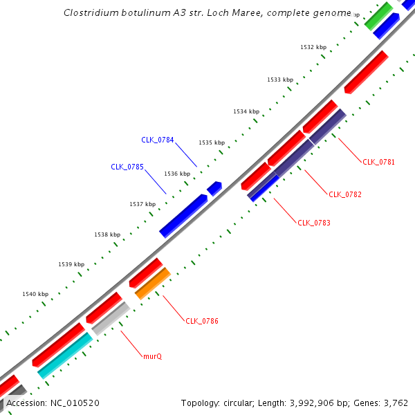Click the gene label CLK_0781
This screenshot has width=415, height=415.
pyautogui.click(x=378, y=162)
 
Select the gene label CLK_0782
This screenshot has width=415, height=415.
pyautogui.click(x=344, y=194)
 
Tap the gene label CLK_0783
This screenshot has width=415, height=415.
pyautogui.click(x=313, y=223)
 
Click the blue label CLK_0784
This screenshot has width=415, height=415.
pyautogui.click(x=157, y=140)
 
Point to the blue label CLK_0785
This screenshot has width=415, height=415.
pyautogui.click(x=127, y=167)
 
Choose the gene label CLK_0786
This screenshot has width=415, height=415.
pyautogui.click(x=202, y=321)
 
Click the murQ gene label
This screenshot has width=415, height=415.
pyautogui.click(x=152, y=356)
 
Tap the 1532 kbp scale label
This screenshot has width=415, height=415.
pyautogui.click(x=313, y=47)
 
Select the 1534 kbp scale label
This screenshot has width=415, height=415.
pyautogui.click(x=246, y=111)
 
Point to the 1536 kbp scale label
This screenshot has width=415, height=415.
pyautogui.click(x=176, y=174)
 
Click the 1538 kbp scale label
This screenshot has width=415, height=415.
pyautogui.click(x=107, y=235)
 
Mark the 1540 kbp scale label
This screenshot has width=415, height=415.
pyautogui.click(x=35, y=294)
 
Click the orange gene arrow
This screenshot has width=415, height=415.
pyautogui.click(x=153, y=284)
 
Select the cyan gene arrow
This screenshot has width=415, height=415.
pyautogui.click(x=65, y=355)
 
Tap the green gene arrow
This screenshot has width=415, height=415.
pyautogui.click(x=378, y=16)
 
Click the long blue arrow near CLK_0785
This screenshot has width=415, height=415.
pyautogui.click(x=183, y=216)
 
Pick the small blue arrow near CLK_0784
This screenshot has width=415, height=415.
pyautogui.click(x=214, y=187)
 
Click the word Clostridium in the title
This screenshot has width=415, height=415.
pyautogui.click(x=88, y=13)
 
